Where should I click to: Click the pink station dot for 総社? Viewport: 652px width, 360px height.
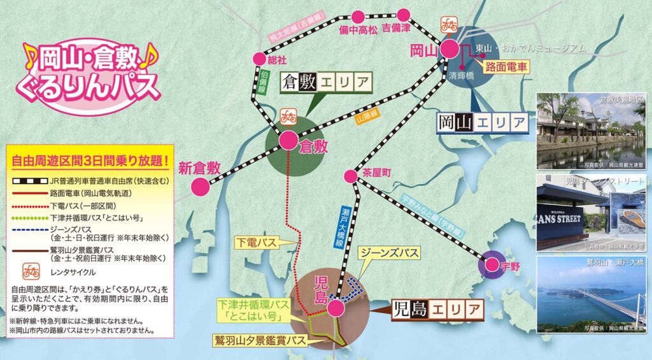259,58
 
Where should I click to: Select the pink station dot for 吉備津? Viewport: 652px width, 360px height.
404,14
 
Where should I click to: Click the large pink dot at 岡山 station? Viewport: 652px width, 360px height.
450,50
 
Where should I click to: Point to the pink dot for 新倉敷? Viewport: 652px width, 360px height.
201,187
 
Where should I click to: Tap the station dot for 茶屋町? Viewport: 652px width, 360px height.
350,175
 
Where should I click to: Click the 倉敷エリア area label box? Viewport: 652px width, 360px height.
326,82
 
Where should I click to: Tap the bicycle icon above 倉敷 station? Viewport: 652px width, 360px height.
288,117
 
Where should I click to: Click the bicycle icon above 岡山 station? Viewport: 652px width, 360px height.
449,25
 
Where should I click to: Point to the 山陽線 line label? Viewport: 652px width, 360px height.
371,118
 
